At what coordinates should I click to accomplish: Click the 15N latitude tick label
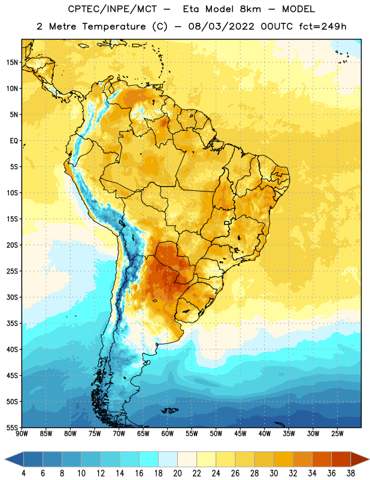(12, 62)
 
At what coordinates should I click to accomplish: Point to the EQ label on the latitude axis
(14, 141)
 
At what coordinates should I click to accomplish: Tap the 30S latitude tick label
(12, 297)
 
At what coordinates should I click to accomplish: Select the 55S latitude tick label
(12, 428)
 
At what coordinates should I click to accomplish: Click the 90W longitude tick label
(22, 434)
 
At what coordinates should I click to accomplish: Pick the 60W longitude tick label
(168, 434)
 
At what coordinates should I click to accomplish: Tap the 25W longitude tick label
(337, 434)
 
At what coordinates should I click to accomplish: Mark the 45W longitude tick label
(240, 434)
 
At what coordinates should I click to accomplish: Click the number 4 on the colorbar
(23, 473)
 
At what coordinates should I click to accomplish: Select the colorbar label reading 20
(177, 473)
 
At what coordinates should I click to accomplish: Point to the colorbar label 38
(350, 473)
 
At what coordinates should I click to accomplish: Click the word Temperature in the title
(114, 26)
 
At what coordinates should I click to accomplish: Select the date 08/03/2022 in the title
(221, 26)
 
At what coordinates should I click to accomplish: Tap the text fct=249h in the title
(323, 26)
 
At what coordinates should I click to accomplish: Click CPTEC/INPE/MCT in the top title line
(113, 9)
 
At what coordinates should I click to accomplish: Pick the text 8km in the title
(250, 9)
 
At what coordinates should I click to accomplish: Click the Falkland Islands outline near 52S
(170, 410)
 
